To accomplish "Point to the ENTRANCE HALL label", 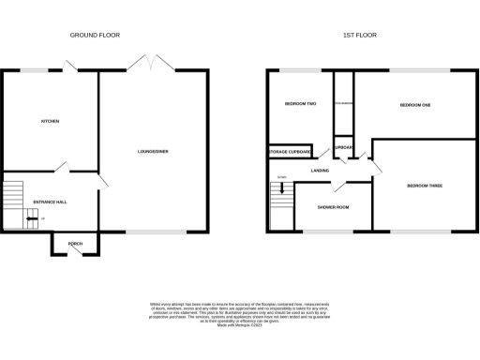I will [51, 201].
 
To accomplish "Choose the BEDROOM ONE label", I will [414, 105].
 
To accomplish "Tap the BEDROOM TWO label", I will [299, 104].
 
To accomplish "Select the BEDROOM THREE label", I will [424, 186].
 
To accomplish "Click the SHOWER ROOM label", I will [332, 206].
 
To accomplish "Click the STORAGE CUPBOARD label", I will [290, 151].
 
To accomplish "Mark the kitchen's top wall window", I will [36, 69].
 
